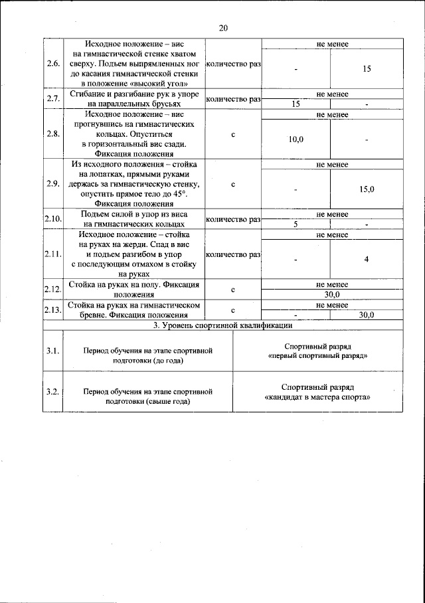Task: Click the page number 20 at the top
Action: [222, 28]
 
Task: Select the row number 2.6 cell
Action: [52, 64]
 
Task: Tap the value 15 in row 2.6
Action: [366, 68]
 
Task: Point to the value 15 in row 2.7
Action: [296, 104]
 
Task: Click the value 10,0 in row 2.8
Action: [296, 139]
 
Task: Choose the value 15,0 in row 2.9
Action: [367, 189]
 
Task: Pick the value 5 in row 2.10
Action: [296, 224]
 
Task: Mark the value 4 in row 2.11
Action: [366, 259]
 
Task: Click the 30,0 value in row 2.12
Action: [332, 294]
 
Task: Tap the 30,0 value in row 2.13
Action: [367, 315]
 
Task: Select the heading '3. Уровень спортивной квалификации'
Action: [222, 325]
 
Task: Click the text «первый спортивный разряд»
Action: [317, 356]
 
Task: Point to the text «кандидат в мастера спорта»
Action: [317, 396]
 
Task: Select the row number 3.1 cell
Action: [52, 351]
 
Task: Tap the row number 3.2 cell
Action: [52, 392]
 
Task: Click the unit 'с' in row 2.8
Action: [233, 135]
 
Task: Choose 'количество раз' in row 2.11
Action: [233, 254]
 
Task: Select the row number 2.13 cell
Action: [52, 310]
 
